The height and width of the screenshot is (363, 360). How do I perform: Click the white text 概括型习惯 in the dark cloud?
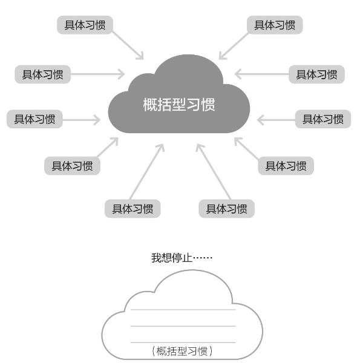point(179,105)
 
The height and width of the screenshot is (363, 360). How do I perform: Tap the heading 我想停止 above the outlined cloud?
point(172,258)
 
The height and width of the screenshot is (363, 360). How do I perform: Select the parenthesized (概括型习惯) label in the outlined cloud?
point(182,351)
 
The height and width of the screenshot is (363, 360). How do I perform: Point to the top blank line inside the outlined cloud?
point(183,309)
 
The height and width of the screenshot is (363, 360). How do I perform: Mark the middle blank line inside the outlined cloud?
point(183,326)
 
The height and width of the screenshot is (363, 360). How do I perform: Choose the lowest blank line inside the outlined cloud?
point(183,342)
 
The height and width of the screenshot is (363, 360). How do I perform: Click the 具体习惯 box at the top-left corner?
point(85,25)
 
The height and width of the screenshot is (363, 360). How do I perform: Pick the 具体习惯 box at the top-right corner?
point(275,25)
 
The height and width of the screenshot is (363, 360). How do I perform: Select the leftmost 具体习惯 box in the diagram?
point(34,119)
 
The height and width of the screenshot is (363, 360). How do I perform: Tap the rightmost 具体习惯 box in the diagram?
point(323,119)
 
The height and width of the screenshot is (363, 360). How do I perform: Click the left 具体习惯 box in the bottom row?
point(133,209)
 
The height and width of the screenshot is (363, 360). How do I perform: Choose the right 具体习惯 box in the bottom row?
point(227,209)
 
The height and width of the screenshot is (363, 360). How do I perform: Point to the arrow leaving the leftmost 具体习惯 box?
point(82,120)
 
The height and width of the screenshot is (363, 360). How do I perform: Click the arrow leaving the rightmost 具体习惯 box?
point(276,120)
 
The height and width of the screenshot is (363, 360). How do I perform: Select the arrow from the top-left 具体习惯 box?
point(128,45)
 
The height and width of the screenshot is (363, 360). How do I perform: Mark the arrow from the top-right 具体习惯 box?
point(234,46)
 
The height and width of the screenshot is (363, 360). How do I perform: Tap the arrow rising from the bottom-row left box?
point(147,172)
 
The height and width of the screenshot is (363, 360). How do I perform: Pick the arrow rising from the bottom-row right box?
point(213,172)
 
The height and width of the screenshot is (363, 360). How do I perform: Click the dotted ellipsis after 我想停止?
point(203,258)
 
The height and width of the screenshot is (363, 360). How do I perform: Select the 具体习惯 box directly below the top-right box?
point(316,74)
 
